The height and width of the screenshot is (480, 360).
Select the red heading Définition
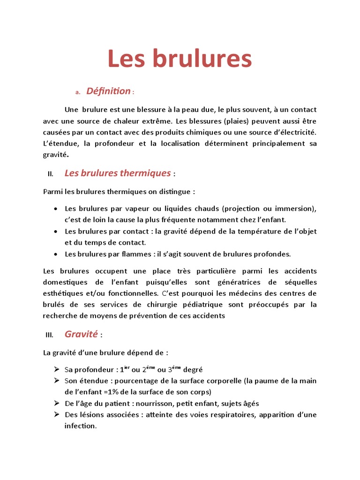pos(108,91)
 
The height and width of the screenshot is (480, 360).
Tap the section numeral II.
pos(51,174)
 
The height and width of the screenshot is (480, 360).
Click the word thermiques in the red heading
pos(145,173)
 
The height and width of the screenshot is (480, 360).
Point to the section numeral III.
pos(50,335)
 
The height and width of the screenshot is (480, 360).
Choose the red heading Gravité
pos(81,334)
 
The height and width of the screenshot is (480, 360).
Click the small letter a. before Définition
pos(78,92)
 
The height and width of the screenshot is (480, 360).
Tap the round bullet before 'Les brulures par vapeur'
pos(56,209)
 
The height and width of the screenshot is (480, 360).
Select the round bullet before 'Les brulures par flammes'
pos(56,254)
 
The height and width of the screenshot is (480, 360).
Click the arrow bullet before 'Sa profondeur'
pos(56,369)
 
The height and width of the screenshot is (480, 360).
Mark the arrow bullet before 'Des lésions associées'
pos(56,415)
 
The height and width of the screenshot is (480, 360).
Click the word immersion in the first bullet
pos(294,208)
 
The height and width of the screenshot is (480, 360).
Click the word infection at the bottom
pos(80,426)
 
